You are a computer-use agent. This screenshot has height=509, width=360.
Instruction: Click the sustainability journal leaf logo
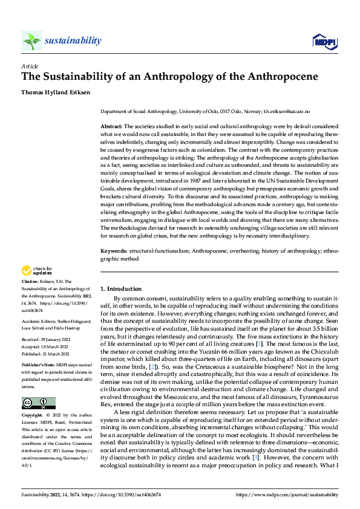(x=31, y=41)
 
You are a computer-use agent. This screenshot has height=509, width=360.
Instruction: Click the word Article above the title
(x=29, y=65)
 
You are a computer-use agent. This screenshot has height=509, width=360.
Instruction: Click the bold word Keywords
(x=114, y=250)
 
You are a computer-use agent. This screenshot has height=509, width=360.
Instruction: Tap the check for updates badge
(x=37, y=270)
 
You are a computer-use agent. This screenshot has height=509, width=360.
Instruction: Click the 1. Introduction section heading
(x=121, y=289)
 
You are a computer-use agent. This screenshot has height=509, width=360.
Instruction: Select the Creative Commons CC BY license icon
(x=38, y=403)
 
